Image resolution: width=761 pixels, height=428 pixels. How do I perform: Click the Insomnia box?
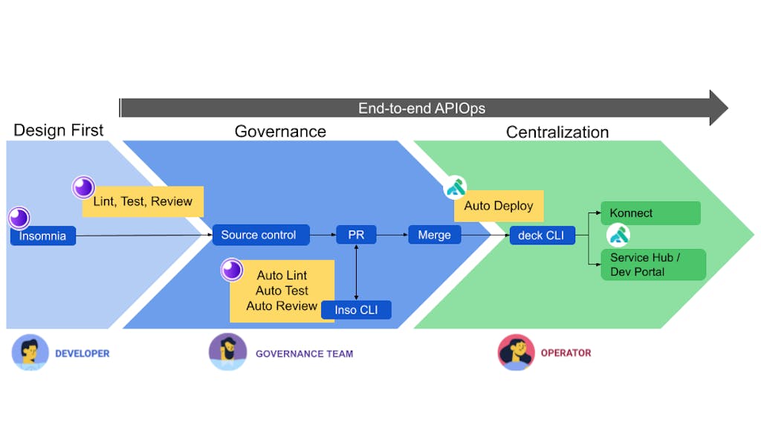tap(43, 236)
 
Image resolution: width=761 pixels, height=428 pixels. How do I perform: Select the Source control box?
tap(259, 235)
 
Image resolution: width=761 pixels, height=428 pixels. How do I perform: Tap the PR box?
tap(356, 235)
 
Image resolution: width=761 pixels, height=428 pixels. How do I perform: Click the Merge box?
tap(434, 235)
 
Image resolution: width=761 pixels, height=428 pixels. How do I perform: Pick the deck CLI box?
tap(542, 236)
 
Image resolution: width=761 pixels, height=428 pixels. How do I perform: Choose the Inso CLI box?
tap(357, 310)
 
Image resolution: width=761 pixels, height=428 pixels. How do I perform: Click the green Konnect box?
tap(650, 213)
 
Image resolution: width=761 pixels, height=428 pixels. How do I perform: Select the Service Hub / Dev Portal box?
tap(652, 265)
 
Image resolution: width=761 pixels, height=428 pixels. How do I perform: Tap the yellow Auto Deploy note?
tap(499, 206)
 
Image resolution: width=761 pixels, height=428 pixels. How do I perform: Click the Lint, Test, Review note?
tap(143, 201)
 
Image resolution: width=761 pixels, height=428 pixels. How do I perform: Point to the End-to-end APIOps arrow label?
tap(421, 108)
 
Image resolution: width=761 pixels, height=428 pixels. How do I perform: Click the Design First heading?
tap(59, 130)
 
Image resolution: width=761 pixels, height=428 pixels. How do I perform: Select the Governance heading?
tap(280, 132)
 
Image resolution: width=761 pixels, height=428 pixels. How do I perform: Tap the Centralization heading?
tap(557, 132)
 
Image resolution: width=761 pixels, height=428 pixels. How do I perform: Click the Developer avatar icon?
tap(30, 352)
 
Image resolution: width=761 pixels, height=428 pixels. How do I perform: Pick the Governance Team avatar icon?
tap(227, 351)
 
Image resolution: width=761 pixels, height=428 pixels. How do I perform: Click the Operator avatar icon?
tap(516, 351)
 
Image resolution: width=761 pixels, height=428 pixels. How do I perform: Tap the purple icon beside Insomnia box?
tap(19, 218)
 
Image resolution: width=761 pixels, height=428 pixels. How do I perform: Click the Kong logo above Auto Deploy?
tap(456, 188)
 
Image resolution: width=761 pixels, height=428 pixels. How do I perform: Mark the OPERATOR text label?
tap(566, 353)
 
